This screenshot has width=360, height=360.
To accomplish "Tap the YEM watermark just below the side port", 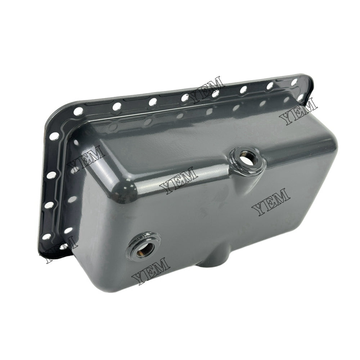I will pyautogui.click(x=150, y=271).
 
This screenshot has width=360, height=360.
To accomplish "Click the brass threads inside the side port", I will pyautogui.click(x=146, y=248).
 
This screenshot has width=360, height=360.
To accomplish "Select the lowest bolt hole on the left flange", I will pyautogui.click(x=46, y=237).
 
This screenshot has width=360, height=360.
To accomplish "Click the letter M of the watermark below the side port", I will pyautogui.click(x=161, y=266).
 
